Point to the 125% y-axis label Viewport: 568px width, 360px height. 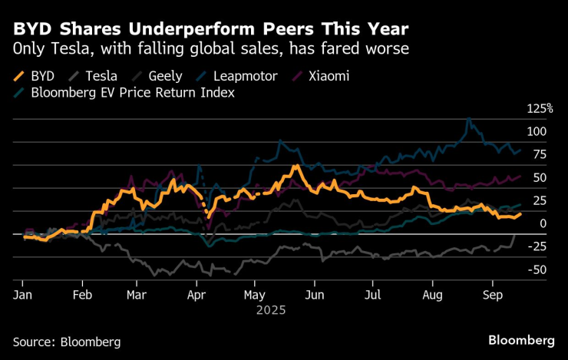pyautogui.click(x=540, y=108)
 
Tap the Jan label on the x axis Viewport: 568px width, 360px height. pyautogui.click(x=22, y=295)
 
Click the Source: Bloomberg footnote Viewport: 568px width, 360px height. pyautogui.click(x=66, y=341)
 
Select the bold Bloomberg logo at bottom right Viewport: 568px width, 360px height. pyautogui.click(x=523, y=339)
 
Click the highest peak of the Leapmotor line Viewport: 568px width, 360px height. pyautogui.click(x=468, y=119)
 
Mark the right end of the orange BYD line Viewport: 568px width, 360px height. pyautogui.click(x=520, y=213)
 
